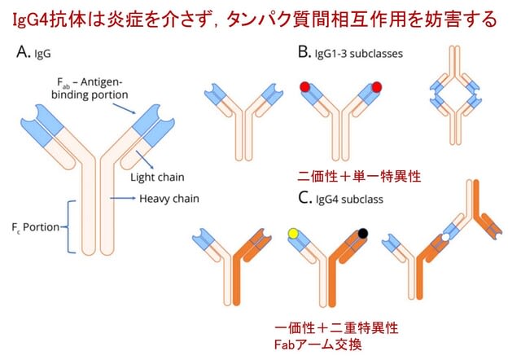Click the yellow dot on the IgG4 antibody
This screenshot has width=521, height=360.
(293, 234)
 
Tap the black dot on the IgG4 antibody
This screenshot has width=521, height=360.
(363, 234)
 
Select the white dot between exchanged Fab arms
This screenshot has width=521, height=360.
(445, 237)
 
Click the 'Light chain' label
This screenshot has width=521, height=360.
(157, 178)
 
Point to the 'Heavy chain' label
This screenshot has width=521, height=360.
(169, 199)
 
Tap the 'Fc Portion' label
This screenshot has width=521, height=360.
(35, 227)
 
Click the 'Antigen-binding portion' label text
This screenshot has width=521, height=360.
(90, 89)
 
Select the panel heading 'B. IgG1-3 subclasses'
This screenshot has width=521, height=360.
(351, 53)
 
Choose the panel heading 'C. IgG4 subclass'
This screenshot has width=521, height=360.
(340, 199)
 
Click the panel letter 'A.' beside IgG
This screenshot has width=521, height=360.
(24, 52)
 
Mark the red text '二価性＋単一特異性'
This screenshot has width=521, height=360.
(359, 176)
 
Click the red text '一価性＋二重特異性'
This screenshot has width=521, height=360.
(336, 328)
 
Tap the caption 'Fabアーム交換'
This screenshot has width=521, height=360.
(318, 345)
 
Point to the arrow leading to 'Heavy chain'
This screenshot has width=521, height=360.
(123, 199)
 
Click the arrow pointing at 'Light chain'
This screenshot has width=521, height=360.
(145, 160)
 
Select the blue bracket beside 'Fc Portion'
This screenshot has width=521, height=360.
(70, 227)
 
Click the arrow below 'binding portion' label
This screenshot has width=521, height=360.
(124, 108)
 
